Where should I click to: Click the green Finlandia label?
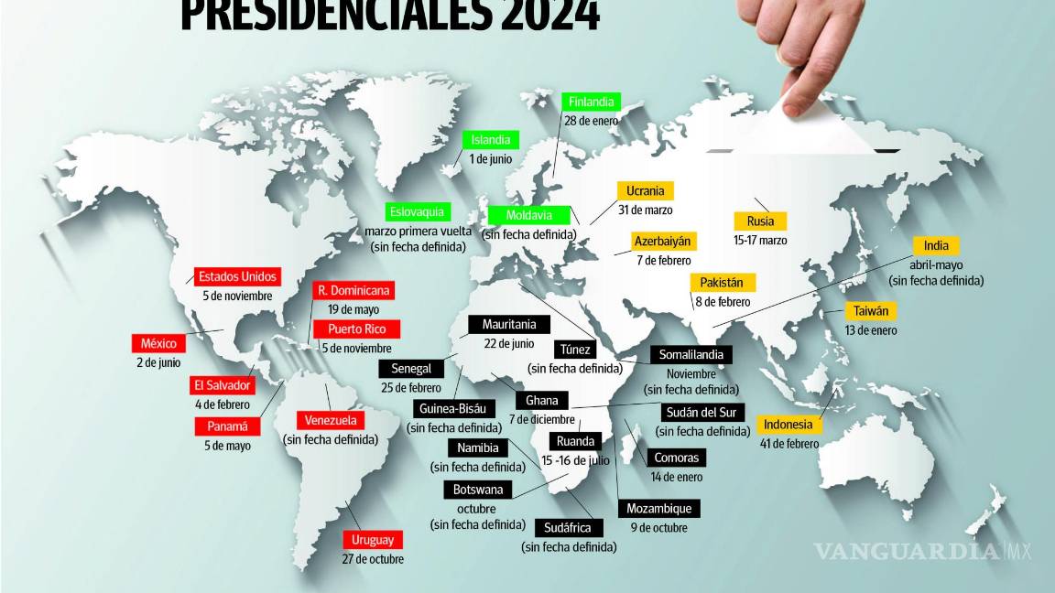tap(591, 102)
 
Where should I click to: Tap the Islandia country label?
tap(491, 140)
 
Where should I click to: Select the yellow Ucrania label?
tap(646, 191)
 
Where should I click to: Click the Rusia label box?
tap(760, 221)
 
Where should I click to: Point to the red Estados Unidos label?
tap(236, 276)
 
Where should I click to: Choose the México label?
tap(158, 343)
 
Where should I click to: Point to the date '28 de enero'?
tap(592, 121)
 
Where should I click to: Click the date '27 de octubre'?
tap(373, 559)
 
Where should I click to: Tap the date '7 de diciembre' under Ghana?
tap(541, 419)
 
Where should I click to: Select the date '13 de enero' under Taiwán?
tap(871, 330)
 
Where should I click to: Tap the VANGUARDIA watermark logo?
tap(907, 551)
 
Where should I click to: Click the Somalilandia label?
tap(692, 355)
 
